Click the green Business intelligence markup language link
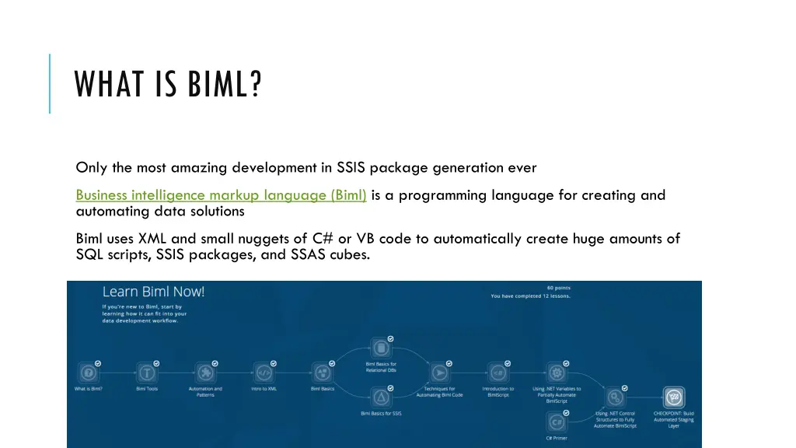[222, 195]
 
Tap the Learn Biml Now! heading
[153, 292]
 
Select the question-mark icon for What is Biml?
[88, 373]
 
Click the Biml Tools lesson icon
[146, 373]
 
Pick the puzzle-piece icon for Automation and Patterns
[205, 373]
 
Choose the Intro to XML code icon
[264, 373]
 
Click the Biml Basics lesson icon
[322, 373]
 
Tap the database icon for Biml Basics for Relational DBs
[381, 347]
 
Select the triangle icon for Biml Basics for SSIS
[381, 397]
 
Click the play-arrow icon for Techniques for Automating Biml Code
[439, 373]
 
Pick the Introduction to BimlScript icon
[497, 373]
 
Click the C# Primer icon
[557, 422]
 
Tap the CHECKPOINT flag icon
[673, 397]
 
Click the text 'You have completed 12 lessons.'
[529, 296]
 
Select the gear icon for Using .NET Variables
[557, 373]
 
